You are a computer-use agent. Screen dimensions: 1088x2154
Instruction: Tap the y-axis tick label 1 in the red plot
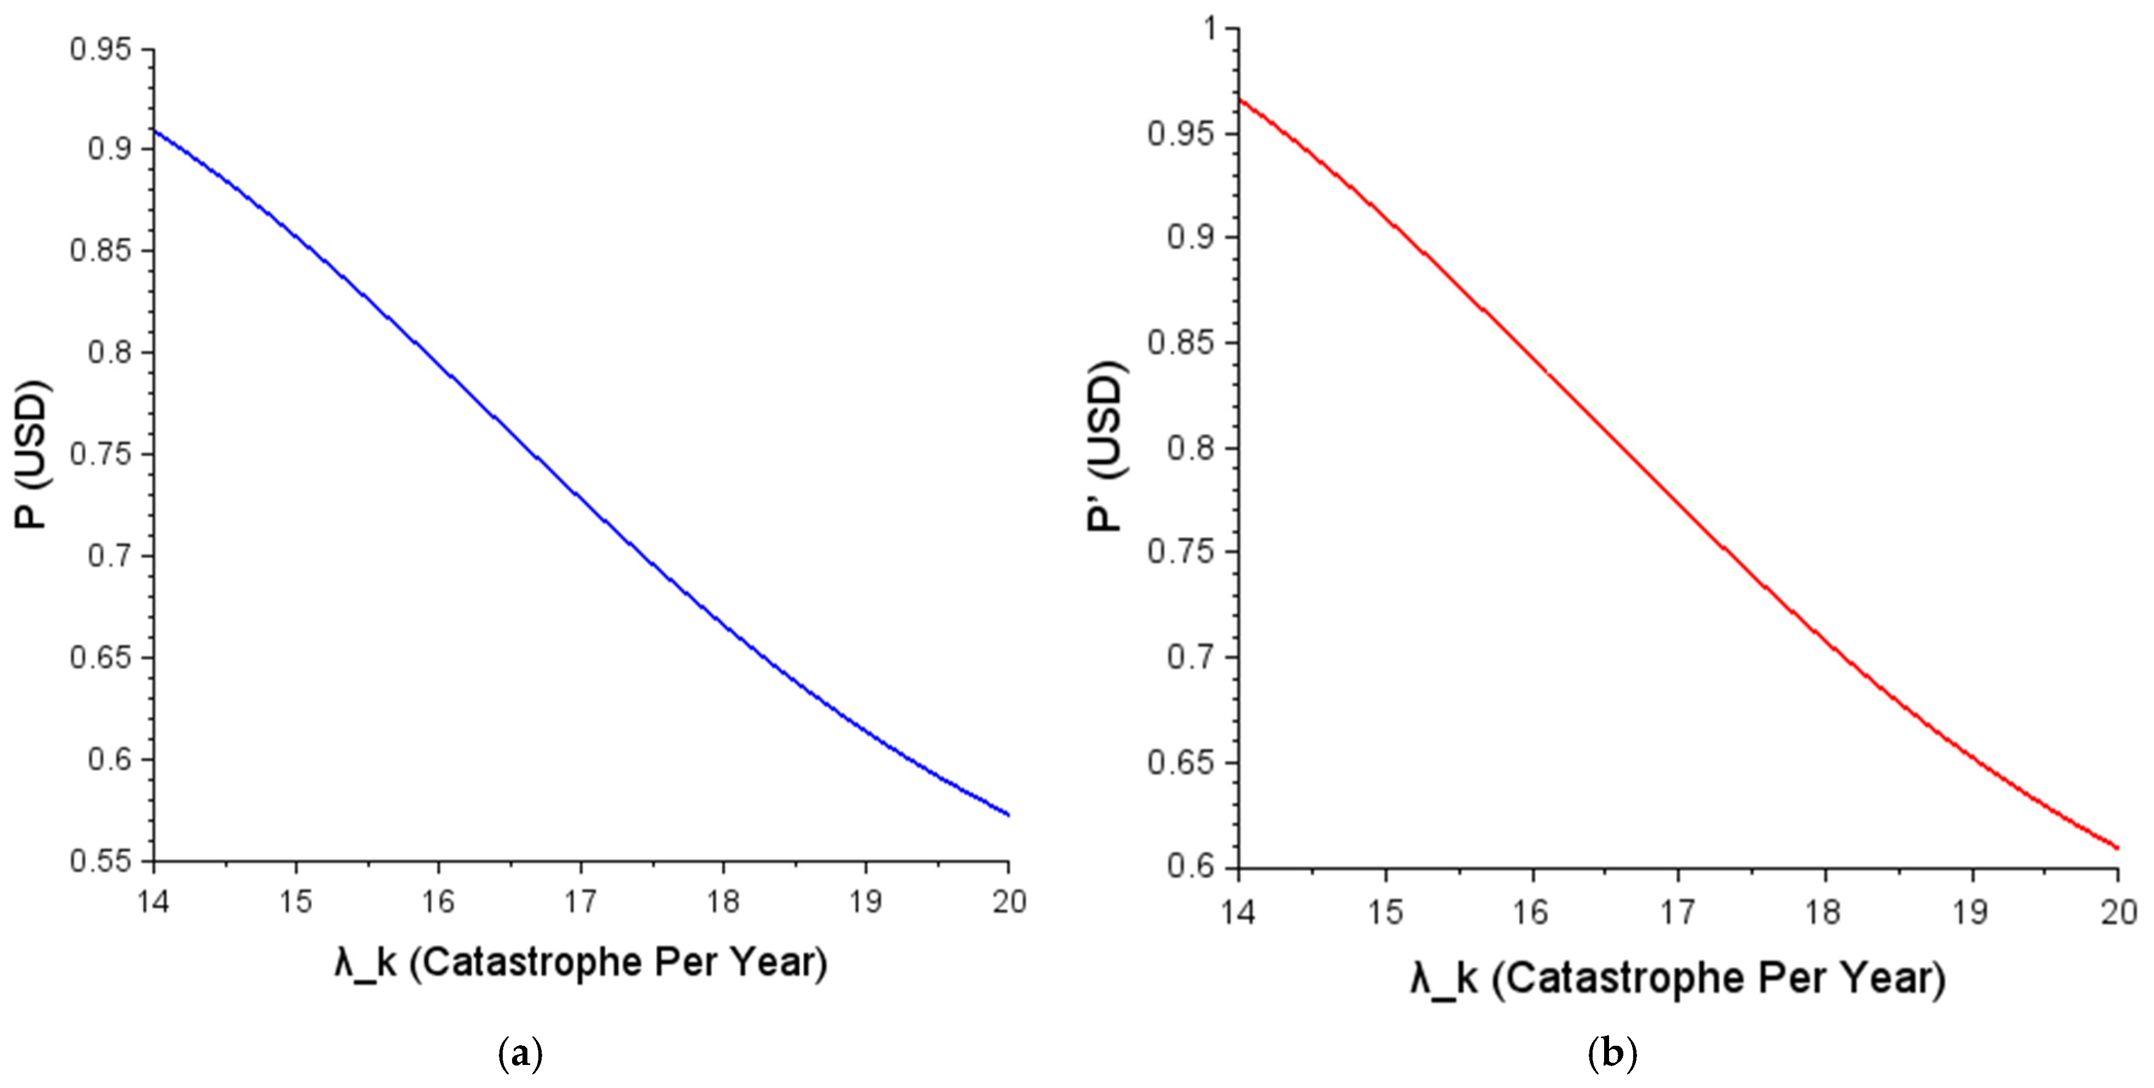click(1212, 29)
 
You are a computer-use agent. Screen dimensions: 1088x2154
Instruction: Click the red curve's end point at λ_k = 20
click(2117, 848)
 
